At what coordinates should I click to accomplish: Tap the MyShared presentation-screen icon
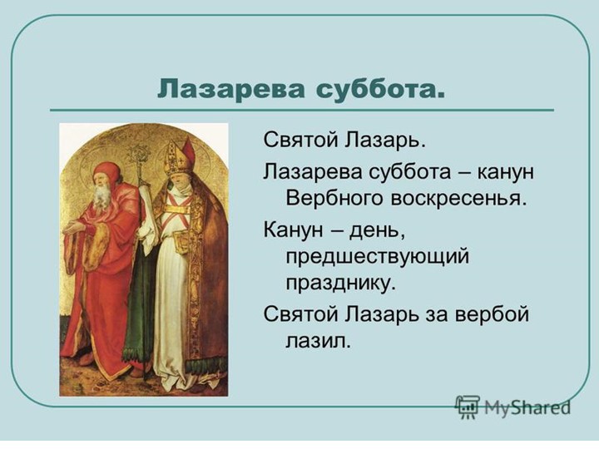point(468,407)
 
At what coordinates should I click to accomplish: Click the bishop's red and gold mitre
point(180,155)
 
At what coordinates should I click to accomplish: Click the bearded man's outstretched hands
point(73,225)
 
